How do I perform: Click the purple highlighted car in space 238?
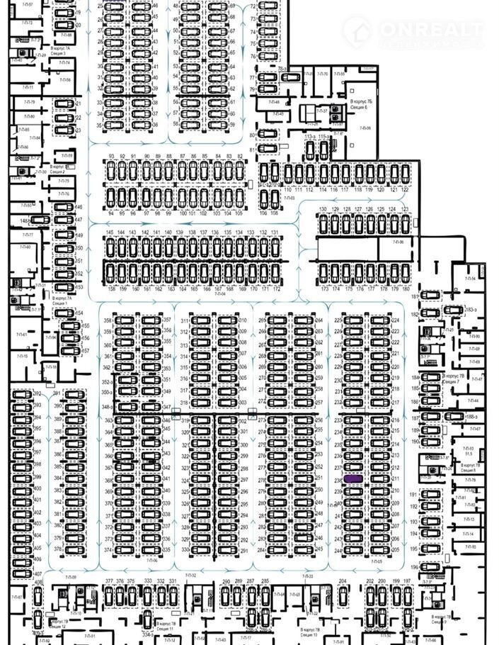pos(352,480)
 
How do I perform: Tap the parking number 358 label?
pos(108,321)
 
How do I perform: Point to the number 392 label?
pos(38,394)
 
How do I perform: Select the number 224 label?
pos(396,320)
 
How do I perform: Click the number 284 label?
pos(261,550)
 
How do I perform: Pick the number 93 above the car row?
pos(111,156)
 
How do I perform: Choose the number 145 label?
pos(110,232)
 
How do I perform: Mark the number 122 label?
pos(405,190)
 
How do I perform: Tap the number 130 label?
pos(323,210)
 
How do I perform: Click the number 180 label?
pos(406,289)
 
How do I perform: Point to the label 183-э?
pos(470,310)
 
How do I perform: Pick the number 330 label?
pos(185,550)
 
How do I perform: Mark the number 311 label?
pos(185,321)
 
